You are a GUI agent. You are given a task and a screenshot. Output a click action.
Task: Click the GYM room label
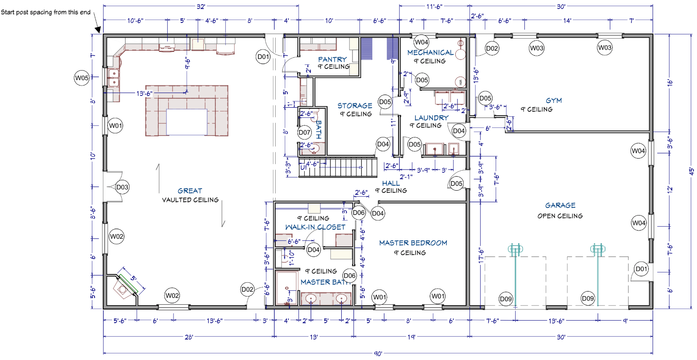pos(553,100)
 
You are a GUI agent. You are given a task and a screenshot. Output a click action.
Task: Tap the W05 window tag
pos(82,78)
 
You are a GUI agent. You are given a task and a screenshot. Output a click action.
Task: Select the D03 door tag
pos(122,187)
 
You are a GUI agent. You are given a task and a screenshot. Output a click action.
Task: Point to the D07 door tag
pos(304,132)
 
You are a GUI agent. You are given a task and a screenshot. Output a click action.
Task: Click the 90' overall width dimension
pos(378,353)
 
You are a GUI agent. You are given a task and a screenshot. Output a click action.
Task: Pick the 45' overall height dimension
pos(691,171)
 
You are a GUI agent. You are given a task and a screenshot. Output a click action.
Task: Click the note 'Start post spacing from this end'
pos(46,12)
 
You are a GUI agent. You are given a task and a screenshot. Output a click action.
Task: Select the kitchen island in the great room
pos(187,110)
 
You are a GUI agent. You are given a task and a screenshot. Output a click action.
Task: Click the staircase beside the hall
pos(338,167)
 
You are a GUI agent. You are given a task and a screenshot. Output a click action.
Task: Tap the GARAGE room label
pos(560,206)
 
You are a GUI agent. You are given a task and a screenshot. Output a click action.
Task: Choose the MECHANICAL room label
pos(430,53)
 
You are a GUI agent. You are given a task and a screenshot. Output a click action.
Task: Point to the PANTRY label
pos(333,59)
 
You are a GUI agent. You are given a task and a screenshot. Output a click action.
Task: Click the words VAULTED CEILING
pos(190,200)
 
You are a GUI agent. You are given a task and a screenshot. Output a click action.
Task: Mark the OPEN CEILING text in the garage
pos(560,216)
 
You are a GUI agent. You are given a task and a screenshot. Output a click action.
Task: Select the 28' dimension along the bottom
pos(188,337)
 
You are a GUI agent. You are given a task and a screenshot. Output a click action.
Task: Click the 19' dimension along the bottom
pos(411,337)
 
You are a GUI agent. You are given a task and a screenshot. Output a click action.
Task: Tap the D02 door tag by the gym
pos(492,48)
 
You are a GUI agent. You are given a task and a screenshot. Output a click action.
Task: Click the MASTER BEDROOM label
pos(413,243)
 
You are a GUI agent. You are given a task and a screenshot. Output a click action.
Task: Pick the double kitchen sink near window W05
pos(114,78)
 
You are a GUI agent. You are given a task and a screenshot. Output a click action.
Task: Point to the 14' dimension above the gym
pos(567,20)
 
